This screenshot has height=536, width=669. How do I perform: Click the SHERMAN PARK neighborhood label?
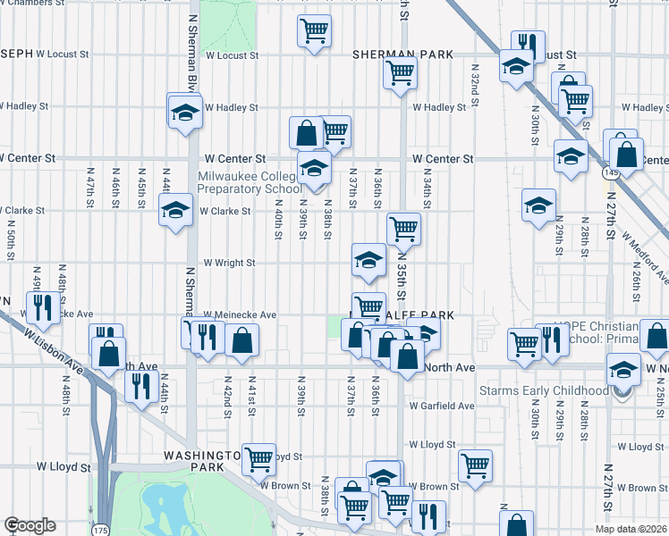(x=402, y=54)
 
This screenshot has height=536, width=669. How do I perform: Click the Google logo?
(x=30, y=525)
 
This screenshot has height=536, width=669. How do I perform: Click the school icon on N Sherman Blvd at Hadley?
(x=185, y=113)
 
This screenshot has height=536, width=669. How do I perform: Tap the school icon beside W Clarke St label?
(x=175, y=211)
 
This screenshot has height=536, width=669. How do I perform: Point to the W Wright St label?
(x=229, y=264)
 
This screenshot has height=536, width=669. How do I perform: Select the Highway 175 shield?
(x=98, y=529)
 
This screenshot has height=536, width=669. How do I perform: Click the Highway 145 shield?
(x=610, y=172)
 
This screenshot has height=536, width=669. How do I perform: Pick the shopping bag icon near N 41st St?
(x=241, y=339)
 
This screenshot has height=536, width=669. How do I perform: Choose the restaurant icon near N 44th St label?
(x=140, y=386)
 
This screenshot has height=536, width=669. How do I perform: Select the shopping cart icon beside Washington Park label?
(x=258, y=459)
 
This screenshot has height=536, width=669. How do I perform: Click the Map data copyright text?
(x=631, y=529)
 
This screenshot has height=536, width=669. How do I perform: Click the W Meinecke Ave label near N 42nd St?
(x=240, y=314)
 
